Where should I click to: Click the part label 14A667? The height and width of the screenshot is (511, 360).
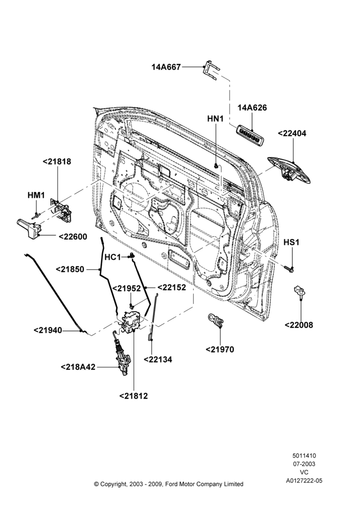click(x=166, y=67)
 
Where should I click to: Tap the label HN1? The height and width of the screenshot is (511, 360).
click(x=216, y=119)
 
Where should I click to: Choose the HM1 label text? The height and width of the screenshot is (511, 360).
click(x=36, y=195)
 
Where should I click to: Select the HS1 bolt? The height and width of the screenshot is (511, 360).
click(x=289, y=269)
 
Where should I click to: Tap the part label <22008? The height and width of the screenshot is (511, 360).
click(x=299, y=325)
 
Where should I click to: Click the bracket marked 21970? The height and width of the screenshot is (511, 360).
click(x=216, y=320)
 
